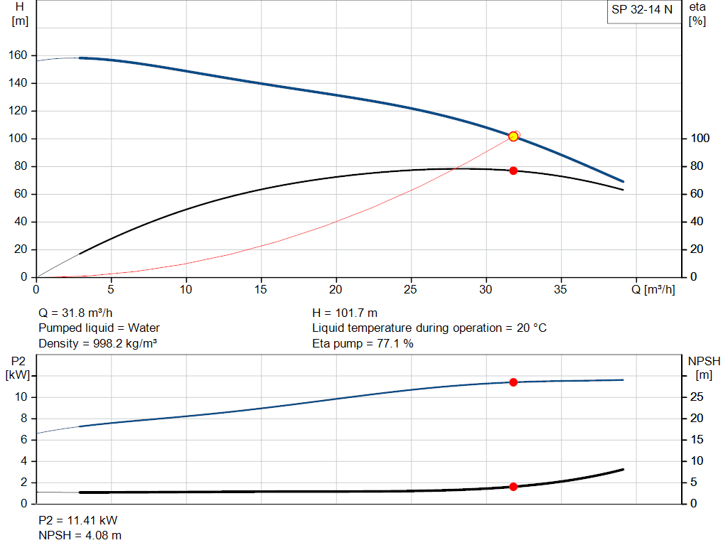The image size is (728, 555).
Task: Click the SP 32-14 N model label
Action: [641, 10]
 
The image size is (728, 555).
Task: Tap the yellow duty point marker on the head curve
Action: [513, 136]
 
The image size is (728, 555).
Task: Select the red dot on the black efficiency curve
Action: [513, 171]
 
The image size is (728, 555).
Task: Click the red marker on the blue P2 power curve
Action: [513, 382]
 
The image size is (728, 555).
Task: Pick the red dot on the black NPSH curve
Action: [513, 487]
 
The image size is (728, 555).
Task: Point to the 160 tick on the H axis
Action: [19, 55]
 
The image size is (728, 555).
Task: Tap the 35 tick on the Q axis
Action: [562, 289]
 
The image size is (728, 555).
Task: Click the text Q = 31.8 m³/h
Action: [75, 313]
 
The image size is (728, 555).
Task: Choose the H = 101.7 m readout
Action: [345, 313]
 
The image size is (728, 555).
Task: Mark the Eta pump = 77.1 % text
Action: [363, 343]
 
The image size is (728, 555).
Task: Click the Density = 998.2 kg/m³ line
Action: [97, 343]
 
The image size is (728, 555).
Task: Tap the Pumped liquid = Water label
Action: [99, 328]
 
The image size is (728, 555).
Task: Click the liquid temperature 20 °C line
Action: [429, 328]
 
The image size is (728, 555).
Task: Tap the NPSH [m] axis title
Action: [704, 368]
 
